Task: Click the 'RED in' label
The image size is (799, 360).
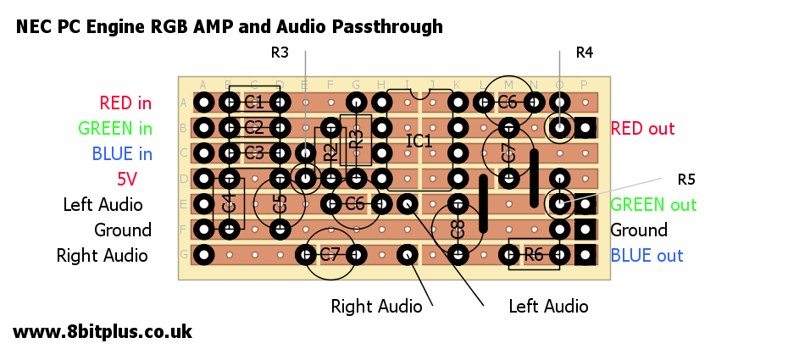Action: pos(125,103)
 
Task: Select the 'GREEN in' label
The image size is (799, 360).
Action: pos(115,129)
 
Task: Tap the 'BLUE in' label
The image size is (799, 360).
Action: pos(122,154)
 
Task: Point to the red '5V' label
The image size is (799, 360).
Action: pos(127,180)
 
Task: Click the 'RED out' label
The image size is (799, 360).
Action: pos(642,129)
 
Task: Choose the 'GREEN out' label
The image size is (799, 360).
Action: pos(653,205)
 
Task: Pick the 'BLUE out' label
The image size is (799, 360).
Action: pos(646,256)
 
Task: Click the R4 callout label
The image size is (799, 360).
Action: pos(585,53)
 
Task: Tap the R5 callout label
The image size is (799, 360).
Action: pos(686,180)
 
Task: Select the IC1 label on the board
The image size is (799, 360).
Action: pos(419,141)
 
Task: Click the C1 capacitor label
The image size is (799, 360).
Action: pos(254,103)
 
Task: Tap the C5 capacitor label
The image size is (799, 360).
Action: pos(280,204)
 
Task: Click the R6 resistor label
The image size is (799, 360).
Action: pos(534,255)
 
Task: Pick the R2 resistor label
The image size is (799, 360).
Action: pos(330,153)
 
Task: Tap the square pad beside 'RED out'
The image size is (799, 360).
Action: pos(585,128)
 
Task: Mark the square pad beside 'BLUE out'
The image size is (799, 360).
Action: pos(585,255)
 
